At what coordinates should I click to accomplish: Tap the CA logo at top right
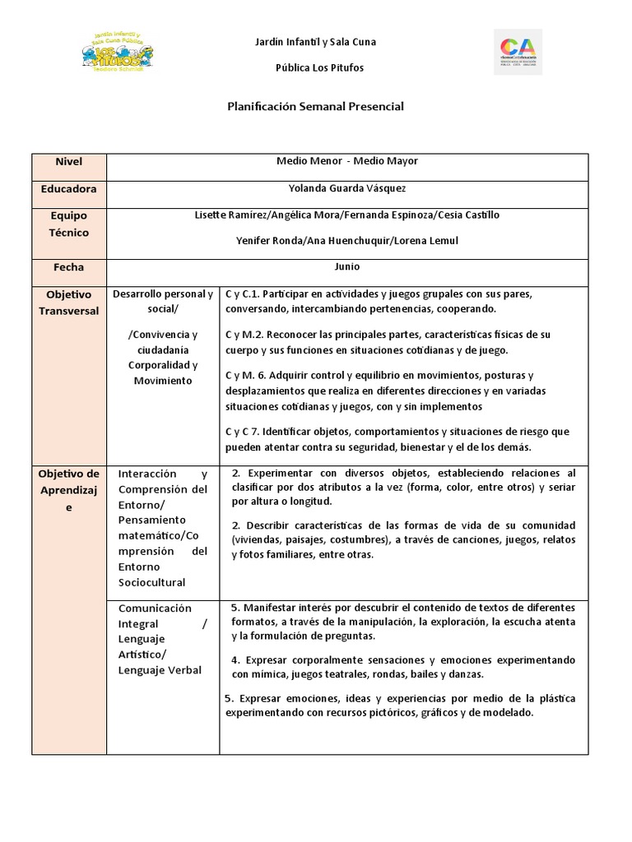(x=518, y=52)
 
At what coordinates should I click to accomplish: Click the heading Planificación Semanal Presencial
(x=315, y=107)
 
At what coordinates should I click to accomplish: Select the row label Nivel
(x=69, y=162)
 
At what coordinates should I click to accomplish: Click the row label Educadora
(x=69, y=188)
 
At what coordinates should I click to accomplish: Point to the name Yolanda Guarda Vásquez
(x=347, y=188)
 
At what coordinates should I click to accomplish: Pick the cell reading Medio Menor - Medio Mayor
(x=347, y=161)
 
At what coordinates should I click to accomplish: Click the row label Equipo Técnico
(x=69, y=224)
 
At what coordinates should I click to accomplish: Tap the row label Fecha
(x=69, y=267)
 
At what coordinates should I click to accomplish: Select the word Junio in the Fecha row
(x=347, y=266)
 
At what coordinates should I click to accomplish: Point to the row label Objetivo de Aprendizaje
(x=69, y=490)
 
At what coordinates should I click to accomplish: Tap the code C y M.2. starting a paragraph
(x=245, y=335)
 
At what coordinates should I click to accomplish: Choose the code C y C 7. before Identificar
(x=244, y=432)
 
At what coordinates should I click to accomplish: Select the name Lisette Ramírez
(x=223, y=215)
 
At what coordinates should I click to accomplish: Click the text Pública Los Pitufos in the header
(x=318, y=67)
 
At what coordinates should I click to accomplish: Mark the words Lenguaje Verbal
(x=160, y=670)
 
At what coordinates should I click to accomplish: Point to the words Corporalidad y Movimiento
(x=162, y=372)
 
